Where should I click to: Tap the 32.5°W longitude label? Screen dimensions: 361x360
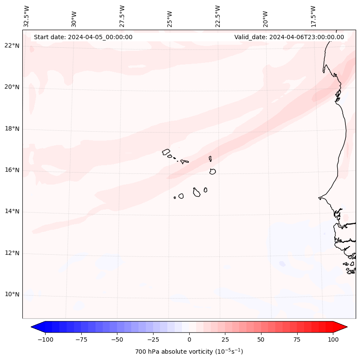point(27,16)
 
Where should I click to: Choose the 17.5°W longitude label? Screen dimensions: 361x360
point(313,16)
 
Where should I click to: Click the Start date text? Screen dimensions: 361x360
point(83,37)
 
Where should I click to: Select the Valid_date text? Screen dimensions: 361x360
point(289,37)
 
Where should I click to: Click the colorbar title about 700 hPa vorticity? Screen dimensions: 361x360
point(189,352)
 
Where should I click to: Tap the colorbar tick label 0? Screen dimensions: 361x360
point(189,339)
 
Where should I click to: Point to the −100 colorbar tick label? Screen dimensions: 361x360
point(46,339)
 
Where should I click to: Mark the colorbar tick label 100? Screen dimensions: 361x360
point(333,339)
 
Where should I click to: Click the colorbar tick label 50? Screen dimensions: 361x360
point(261,339)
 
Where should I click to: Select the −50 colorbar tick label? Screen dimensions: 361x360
point(117,339)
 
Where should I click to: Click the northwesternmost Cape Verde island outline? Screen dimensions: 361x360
point(166,152)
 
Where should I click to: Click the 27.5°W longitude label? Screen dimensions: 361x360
point(122,16)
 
